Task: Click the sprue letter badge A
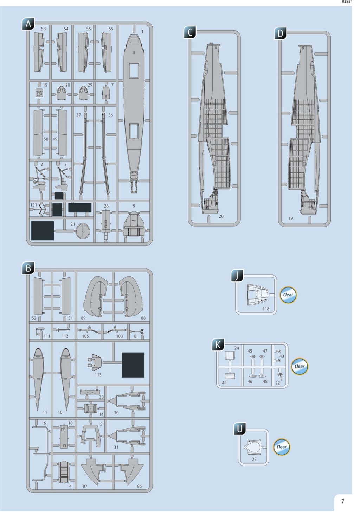pos(28,24)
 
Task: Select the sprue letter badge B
pos(28,268)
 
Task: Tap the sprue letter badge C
pos(190,32)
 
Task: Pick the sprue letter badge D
pos(280,33)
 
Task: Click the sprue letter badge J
pos(237,276)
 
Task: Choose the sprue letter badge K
pos(218,345)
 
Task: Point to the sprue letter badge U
pos(240,429)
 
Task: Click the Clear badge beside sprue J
pos(288,295)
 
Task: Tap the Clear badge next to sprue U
pos(282,447)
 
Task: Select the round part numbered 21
pos(83,231)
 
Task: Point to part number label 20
pos(221,216)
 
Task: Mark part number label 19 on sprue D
pos(291,219)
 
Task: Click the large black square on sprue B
pos(133,365)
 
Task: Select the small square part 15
pos(39,94)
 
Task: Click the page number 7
pos(343,501)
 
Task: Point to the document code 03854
pos(347,2)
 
